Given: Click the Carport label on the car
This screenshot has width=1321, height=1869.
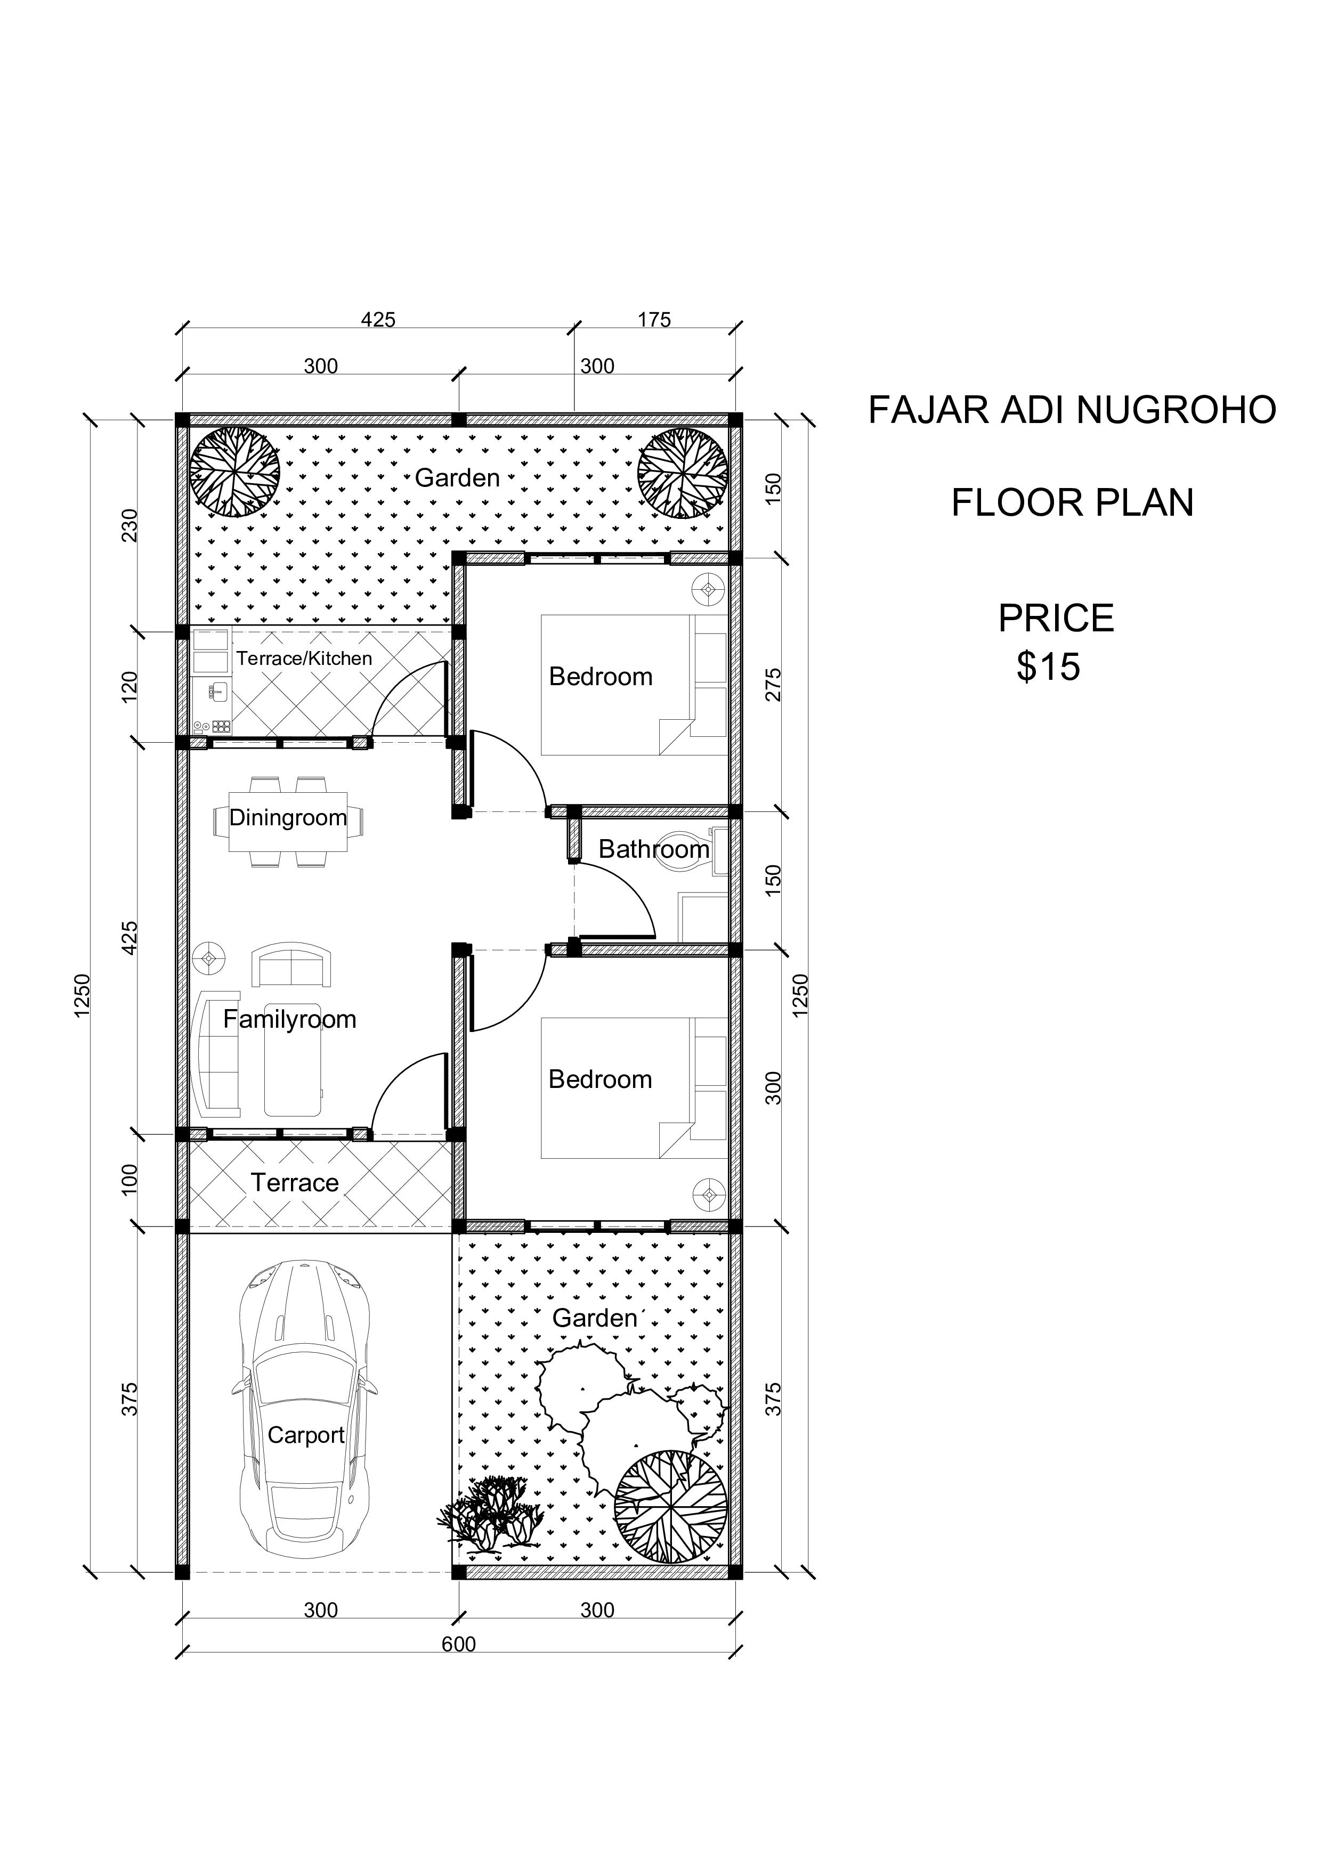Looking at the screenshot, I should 306,1435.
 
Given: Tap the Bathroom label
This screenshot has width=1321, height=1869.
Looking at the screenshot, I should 654,849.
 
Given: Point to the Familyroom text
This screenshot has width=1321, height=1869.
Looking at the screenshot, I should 290,1019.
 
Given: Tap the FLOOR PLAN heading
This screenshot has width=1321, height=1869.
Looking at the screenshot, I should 1072,503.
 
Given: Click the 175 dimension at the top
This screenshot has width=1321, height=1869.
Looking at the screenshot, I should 654,320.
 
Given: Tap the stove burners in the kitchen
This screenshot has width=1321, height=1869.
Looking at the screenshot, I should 221,725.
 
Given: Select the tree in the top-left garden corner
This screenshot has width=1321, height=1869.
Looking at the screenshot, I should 234,472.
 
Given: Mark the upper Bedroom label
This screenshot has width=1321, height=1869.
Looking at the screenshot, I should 601,677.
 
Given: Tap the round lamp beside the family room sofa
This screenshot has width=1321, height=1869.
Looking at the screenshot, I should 209,959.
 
